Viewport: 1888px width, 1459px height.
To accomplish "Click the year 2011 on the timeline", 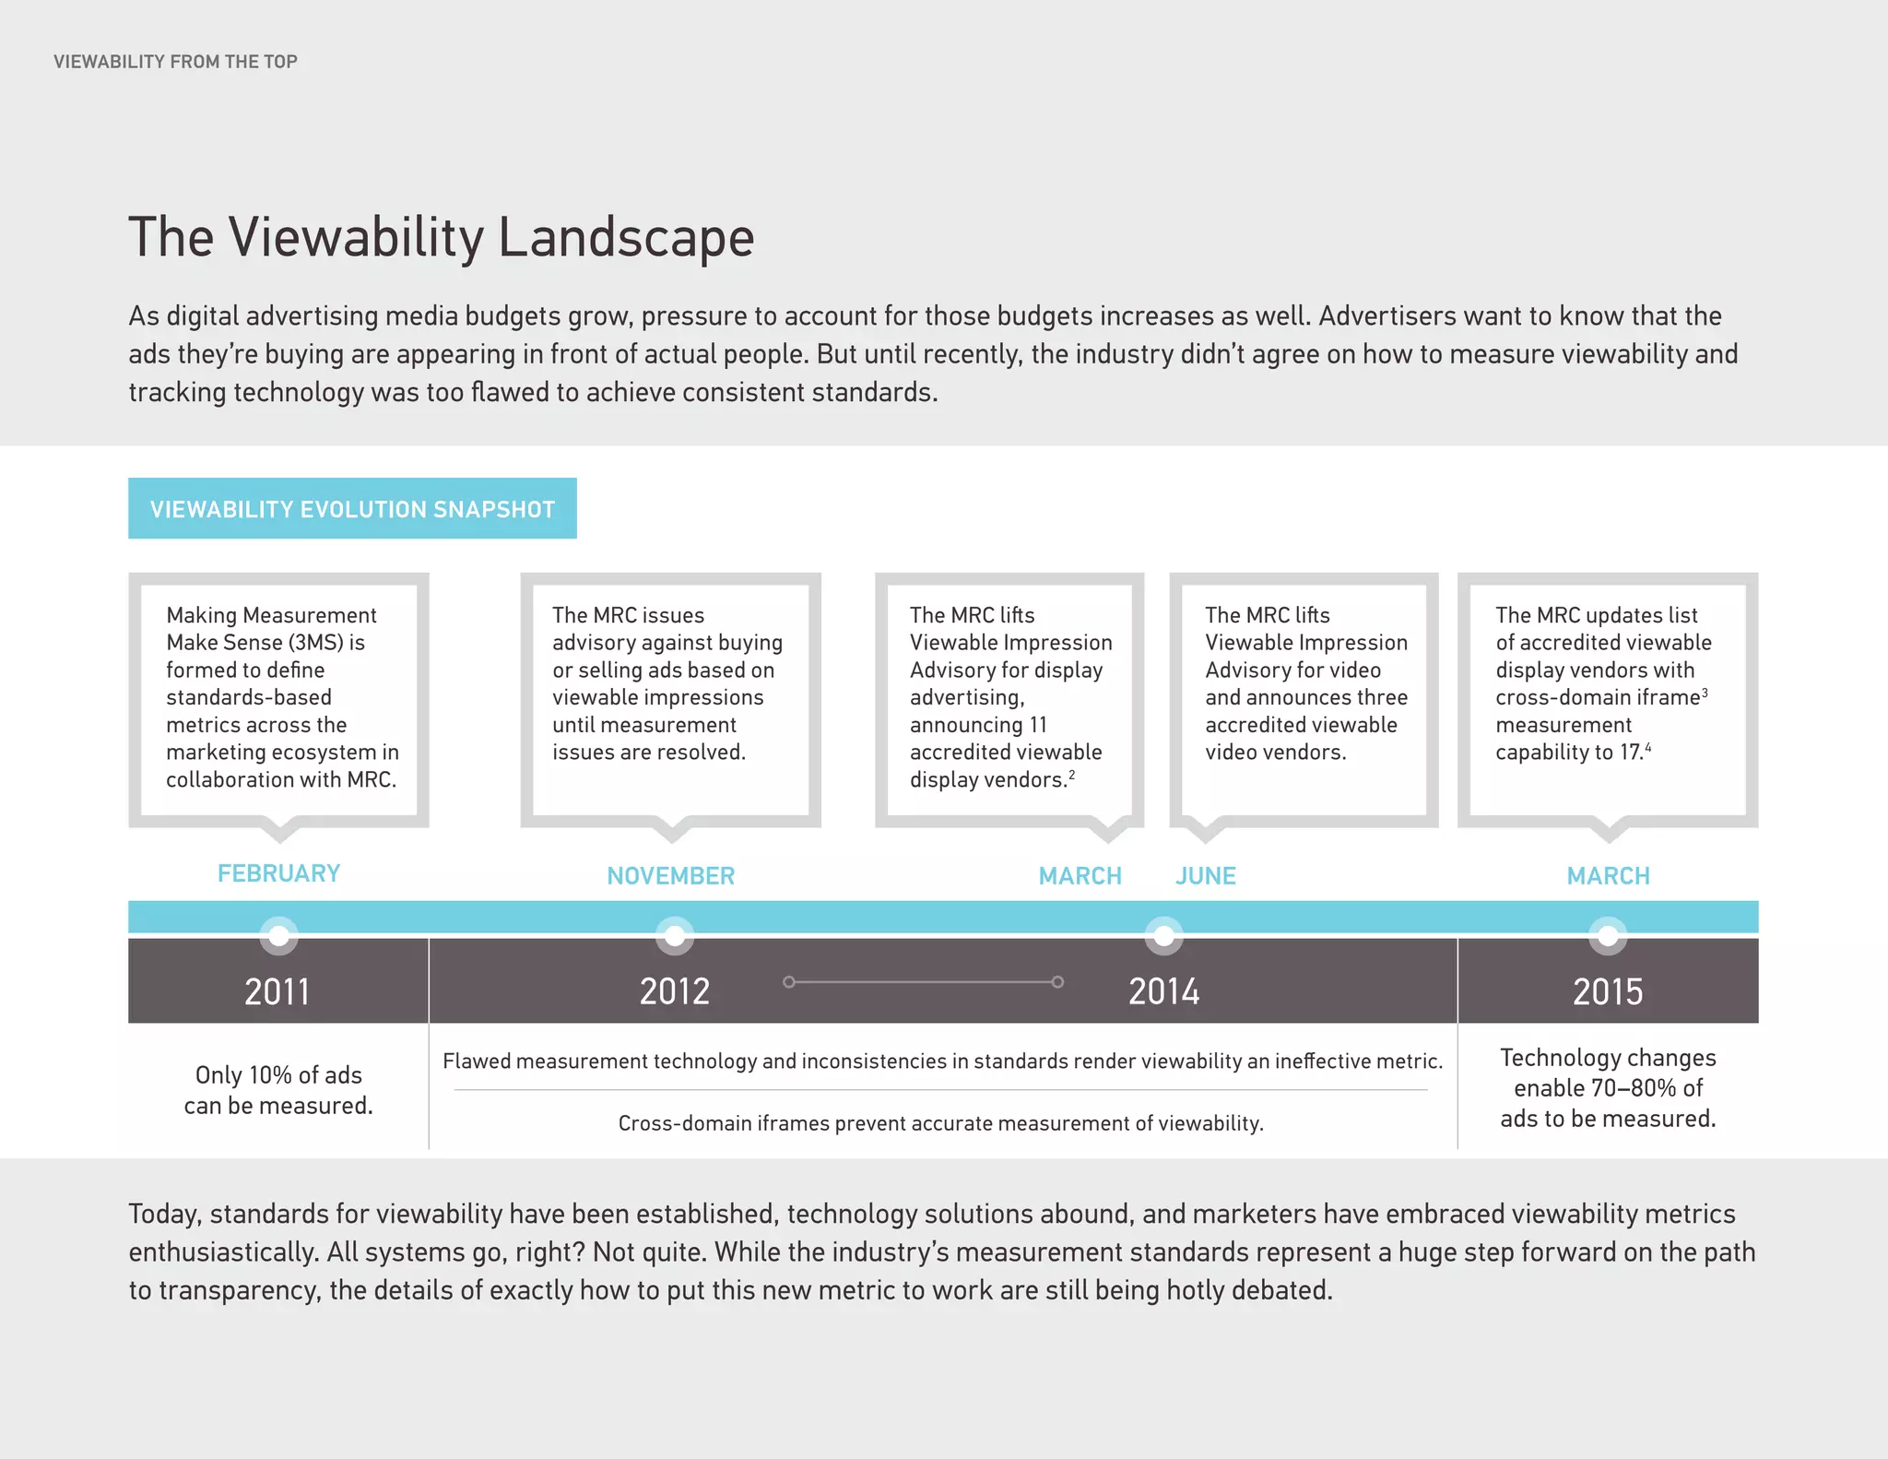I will (277, 992).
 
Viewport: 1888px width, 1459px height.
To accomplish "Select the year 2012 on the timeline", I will (675, 992).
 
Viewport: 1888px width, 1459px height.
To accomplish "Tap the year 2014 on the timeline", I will (1164, 992).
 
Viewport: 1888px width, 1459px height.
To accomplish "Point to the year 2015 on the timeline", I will (1608, 992).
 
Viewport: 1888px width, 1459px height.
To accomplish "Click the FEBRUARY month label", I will (278, 873).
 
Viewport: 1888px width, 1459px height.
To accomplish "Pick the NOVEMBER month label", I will (670, 876).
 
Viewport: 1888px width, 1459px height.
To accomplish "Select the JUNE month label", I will (1205, 876).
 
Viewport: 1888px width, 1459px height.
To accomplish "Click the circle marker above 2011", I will (278, 935).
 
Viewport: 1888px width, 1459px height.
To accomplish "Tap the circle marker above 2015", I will (1608, 935).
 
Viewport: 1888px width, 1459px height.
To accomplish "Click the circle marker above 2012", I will (675, 935).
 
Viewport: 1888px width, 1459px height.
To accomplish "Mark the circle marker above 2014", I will (1164, 935).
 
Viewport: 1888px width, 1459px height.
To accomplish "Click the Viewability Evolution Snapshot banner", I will (352, 509).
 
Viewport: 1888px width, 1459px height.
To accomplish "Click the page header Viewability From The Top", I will (175, 62).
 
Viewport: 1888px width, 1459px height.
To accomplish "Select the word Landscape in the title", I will (626, 238).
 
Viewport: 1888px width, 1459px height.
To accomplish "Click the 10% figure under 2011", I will (270, 1075).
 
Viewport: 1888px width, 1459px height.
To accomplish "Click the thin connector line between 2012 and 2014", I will (922, 982).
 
